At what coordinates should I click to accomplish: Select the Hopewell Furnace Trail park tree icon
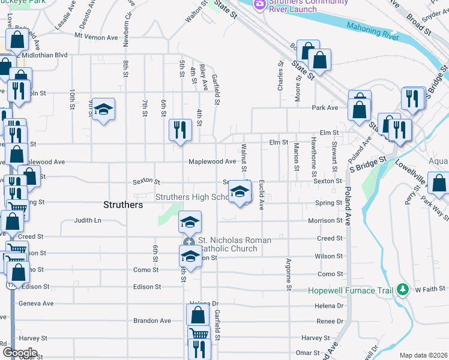(x=403, y=290)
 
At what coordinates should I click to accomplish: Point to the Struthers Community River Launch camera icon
(x=259, y=4)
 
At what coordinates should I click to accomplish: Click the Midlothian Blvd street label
(x=46, y=55)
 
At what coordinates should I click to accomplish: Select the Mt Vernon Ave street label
(x=96, y=37)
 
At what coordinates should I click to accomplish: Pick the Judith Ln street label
(x=87, y=220)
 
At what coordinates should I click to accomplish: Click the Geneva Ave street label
(x=36, y=304)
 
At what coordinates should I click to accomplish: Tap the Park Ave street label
(x=325, y=108)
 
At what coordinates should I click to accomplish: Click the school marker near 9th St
(x=103, y=109)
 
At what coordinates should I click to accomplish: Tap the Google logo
(x=19, y=352)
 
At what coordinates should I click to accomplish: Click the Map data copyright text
(x=423, y=355)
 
